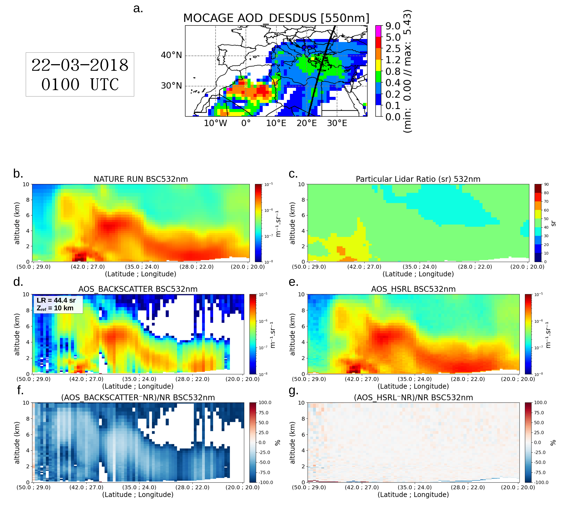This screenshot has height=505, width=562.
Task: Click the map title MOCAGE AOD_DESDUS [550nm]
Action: (276, 18)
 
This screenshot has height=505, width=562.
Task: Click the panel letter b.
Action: (18, 174)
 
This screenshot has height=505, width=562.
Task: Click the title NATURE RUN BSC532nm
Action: (141, 179)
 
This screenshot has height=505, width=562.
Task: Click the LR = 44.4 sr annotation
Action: (56, 300)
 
